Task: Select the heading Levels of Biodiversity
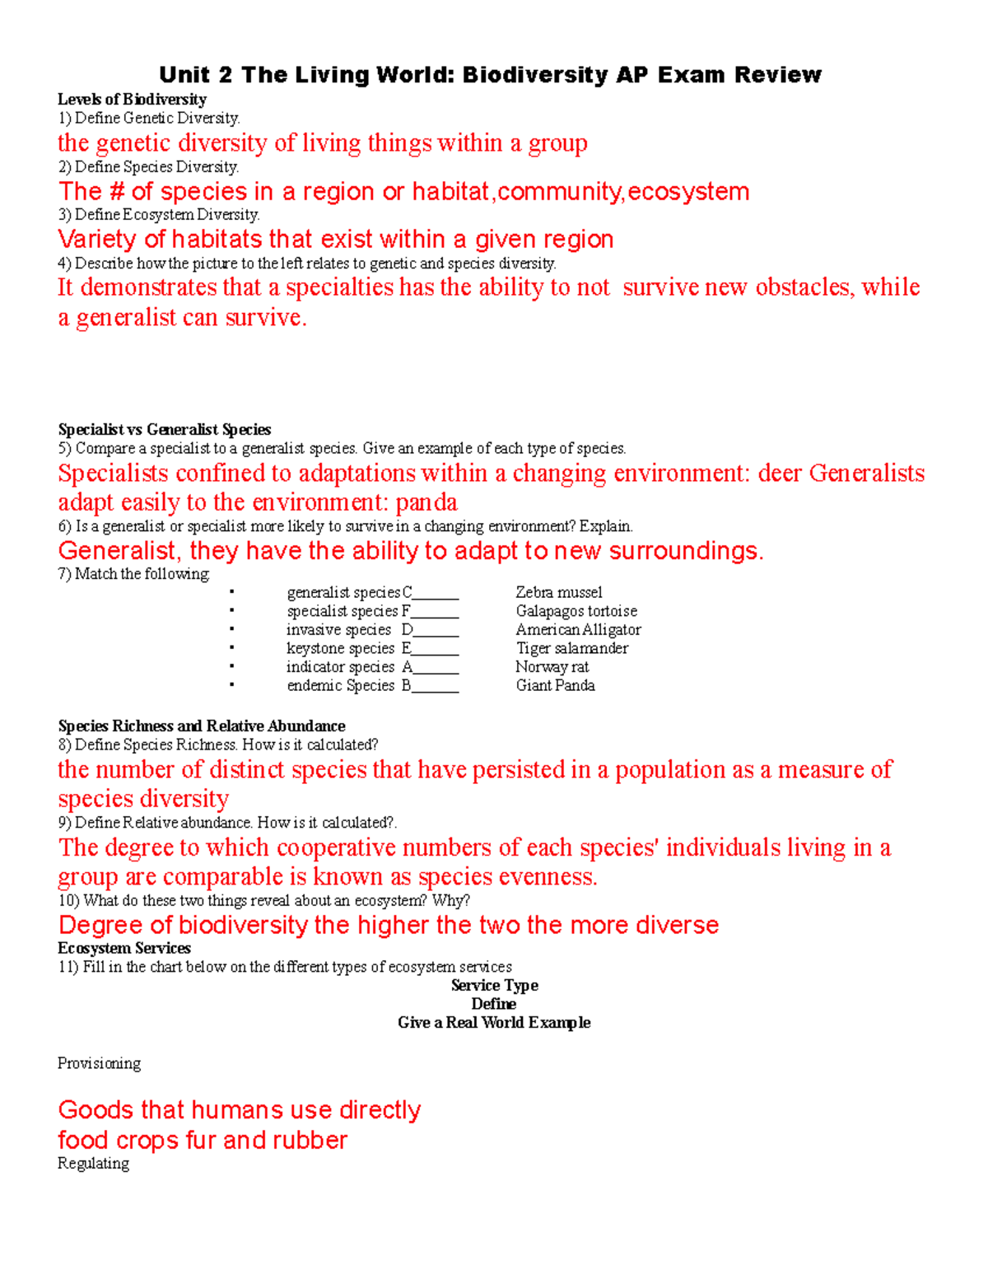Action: [x=132, y=100]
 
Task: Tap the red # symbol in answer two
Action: [x=116, y=192]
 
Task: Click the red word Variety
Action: [x=96, y=240]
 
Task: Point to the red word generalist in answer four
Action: [x=126, y=318]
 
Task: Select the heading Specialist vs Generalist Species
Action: [x=164, y=429]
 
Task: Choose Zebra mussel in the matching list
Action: [x=558, y=592]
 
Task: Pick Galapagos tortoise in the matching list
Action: [x=576, y=611]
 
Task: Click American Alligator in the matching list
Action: [x=578, y=630]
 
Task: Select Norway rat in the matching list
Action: [x=552, y=667]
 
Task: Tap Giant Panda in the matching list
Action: [x=555, y=685]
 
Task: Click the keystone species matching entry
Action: [x=340, y=649]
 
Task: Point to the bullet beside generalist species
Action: [x=232, y=591]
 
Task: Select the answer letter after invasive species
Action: [x=407, y=630]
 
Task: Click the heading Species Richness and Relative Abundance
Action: [x=202, y=726]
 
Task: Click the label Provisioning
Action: [x=99, y=1063]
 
